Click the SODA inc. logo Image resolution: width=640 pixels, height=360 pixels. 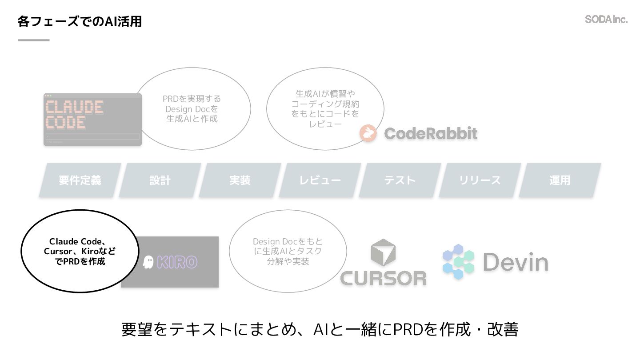click(606, 20)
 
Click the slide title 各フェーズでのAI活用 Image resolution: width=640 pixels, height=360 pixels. click(80, 21)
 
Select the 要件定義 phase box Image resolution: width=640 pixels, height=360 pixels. click(80, 180)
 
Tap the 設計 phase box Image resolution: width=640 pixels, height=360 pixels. click(160, 180)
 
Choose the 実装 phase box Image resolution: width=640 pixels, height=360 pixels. click(240, 180)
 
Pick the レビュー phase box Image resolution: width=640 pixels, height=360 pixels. click(320, 180)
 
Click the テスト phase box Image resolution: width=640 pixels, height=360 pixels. click(400, 180)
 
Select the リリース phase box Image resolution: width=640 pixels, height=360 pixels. click(480, 180)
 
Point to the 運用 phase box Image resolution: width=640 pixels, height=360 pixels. click(560, 180)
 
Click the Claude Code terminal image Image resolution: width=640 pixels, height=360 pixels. click(92, 120)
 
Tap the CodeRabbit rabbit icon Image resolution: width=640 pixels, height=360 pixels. click(368, 133)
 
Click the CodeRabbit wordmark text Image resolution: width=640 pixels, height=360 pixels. click(431, 133)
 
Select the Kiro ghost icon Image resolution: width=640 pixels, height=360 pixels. click(148, 262)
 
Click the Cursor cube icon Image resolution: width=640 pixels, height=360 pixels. click(383, 252)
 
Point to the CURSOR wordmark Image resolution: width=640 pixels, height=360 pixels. click(383, 278)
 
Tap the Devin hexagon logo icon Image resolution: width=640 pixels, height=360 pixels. click(458, 262)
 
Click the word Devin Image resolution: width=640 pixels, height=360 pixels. click(516, 262)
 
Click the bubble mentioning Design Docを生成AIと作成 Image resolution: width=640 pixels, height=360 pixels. click(192, 109)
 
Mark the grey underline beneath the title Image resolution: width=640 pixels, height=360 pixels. click(34, 40)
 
